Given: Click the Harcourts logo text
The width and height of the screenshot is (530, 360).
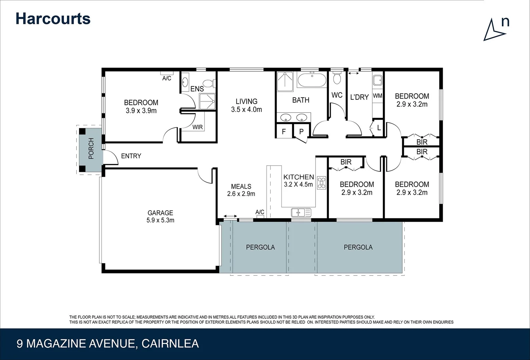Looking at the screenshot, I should pyautogui.click(x=53, y=19).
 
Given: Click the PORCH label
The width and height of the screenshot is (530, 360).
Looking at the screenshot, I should pyautogui.click(x=91, y=149).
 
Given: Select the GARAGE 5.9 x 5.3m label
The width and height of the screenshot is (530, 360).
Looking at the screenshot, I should pyautogui.click(x=160, y=216).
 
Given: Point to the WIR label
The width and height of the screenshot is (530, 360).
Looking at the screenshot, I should pyautogui.click(x=197, y=127).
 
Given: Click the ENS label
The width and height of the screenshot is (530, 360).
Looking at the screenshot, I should pyautogui.click(x=197, y=89).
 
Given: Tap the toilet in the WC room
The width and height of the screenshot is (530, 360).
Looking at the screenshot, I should pyautogui.click(x=337, y=78).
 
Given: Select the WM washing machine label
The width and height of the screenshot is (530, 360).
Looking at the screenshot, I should pyautogui.click(x=377, y=96).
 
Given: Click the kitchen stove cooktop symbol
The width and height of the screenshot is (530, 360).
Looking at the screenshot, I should pyautogui.click(x=321, y=183).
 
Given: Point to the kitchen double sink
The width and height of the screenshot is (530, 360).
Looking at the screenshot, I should pyautogui.click(x=301, y=212).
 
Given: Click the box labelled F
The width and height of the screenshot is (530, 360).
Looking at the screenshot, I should pyautogui.click(x=284, y=132).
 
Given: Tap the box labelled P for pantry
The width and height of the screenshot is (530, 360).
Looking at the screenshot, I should pyautogui.click(x=301, y=132).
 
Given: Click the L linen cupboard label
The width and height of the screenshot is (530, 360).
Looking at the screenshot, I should pyautogui.click(x=379, y=128).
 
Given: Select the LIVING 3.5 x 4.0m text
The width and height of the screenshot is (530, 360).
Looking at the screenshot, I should pyautogui.click(x=246, y=105).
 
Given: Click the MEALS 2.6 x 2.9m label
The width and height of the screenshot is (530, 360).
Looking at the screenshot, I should pyautogui.click(x=241, y=190).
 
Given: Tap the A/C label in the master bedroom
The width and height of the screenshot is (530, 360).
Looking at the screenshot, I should pyautogui.click(x=166, y=78).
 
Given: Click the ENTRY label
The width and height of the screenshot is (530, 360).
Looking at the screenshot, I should pyautogui.click(x=131, y=156).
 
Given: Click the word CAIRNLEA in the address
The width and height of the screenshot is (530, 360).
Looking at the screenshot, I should pyautogui.click(x=170, y=344).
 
